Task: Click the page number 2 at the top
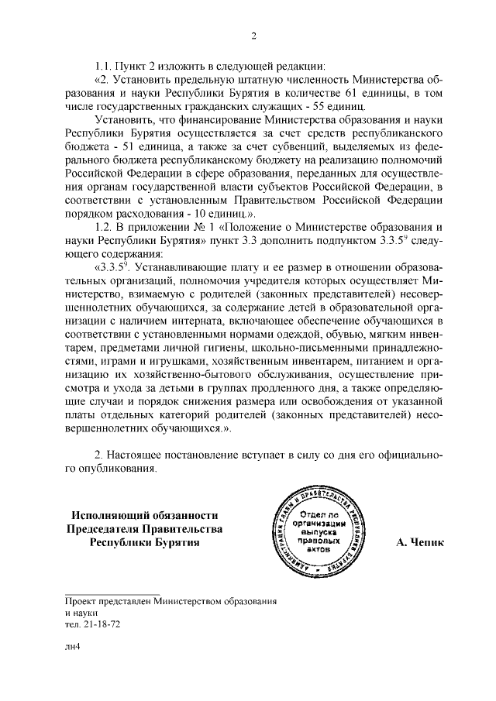pyautogui.click(x=253, y=34)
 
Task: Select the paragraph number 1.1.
pyautogui.click(x=104, y=65)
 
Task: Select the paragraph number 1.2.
pyautogui.click(x=104, y=227)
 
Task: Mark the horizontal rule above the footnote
pyautogui.click(x=112, y=593)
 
